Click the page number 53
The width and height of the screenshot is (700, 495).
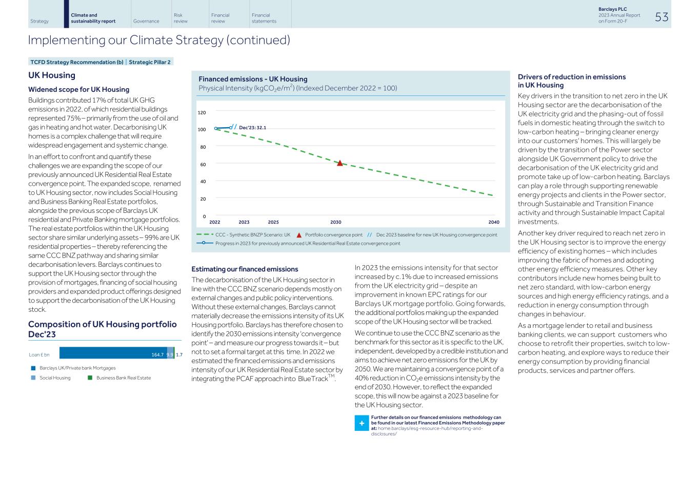click(x=662, y=17)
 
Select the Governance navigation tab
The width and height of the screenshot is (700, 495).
click(x=146, y=22)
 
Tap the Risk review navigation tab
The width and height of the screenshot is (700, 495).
click(x=181, y=18)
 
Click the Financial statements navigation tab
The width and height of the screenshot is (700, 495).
click(x=264, y=18)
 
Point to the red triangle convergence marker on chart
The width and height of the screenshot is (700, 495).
click(x=339, y=163)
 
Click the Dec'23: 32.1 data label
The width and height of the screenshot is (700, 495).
click(x=252, y=128)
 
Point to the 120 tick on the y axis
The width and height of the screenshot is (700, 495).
click(x=202, y=113)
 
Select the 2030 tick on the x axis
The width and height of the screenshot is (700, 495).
click(x=335, y=223)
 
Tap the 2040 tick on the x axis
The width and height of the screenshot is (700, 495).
click(x=493, y=223)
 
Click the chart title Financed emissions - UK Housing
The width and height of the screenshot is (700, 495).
click(x=253, y=79)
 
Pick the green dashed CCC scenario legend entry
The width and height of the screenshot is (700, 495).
click(x=244, y=235)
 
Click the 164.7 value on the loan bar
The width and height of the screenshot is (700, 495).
click(x=157, y=355)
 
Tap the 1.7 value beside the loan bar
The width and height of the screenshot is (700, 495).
click(x=179, y=355)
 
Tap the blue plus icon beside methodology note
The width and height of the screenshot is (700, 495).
click(x=362, y=424)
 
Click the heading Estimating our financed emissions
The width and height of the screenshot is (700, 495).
click(x=245, y=269)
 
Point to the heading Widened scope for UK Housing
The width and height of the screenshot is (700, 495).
click(x=78, y=90)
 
